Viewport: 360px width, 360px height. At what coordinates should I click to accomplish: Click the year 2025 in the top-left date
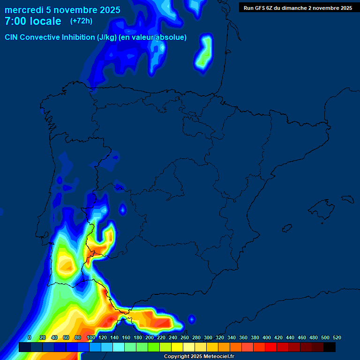coord(108,10)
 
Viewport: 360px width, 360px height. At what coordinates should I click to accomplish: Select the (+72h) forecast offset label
coord(81,21)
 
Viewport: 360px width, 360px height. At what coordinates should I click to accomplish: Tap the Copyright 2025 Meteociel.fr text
coord(199,357)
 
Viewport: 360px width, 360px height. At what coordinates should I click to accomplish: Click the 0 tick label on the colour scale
coord(30,337)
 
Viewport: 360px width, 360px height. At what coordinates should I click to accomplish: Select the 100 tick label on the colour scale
coord(91,337)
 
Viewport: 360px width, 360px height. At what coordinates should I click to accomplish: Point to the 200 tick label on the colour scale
coord(150,337)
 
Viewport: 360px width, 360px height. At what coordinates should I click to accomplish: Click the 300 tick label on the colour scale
coord(208,337)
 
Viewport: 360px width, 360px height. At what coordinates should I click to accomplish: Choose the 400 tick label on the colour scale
coord(267,337)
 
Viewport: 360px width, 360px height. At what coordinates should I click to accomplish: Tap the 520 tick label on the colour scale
coord(337,337)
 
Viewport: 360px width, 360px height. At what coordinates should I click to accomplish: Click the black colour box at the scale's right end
coord(330,347)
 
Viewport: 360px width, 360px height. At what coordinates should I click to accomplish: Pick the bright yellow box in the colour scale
coord(177,347)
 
